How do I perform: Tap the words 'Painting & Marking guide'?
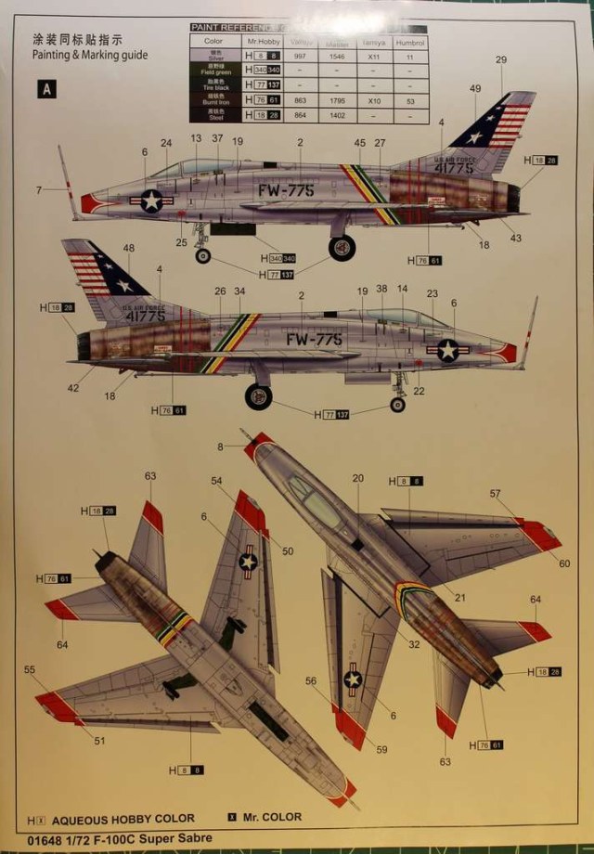89,55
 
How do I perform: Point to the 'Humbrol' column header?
408,42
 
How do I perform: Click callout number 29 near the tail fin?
501,60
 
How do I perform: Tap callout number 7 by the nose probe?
39,190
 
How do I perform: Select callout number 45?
359,143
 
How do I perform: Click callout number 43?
515,238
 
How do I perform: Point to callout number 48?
128,248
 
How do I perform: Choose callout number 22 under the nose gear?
419,391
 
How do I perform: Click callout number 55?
30,669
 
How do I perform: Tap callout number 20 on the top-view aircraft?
357,478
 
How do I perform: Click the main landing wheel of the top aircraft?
342,247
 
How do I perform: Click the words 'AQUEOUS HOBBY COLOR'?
123,818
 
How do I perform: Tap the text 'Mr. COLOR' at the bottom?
272,817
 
